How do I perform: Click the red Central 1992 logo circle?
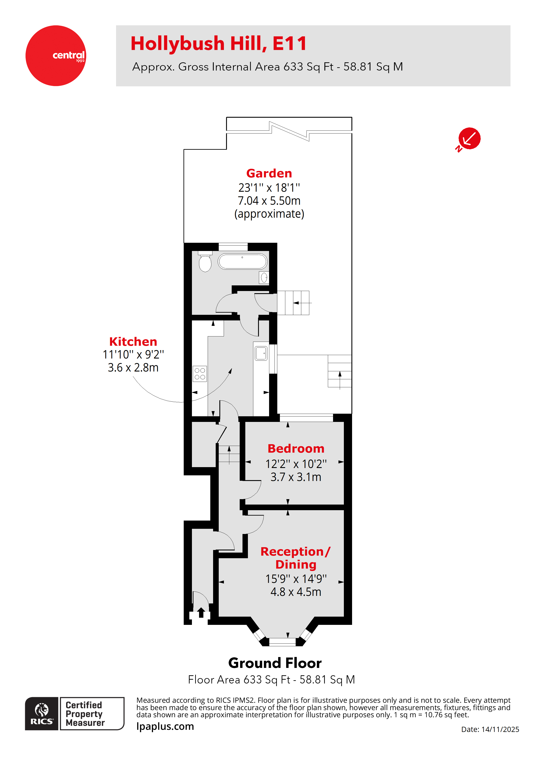coord(56,56)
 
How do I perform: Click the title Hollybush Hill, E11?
coord(219,44)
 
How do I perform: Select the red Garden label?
coord(269,174)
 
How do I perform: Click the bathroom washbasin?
coord(264,278)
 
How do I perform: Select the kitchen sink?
coord(261,353)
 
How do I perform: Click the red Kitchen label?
coord(133,341)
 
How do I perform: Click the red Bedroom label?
coord(296,449)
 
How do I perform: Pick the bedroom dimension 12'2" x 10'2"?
coord(296,464)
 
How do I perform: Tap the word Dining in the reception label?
coord(296,565)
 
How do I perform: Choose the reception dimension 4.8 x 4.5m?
coord(296,592)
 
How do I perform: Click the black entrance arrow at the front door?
coord(201,613)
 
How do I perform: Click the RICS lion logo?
coord(42,713)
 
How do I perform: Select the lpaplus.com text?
coord(165,726)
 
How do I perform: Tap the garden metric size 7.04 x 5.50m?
coord(269,201)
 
